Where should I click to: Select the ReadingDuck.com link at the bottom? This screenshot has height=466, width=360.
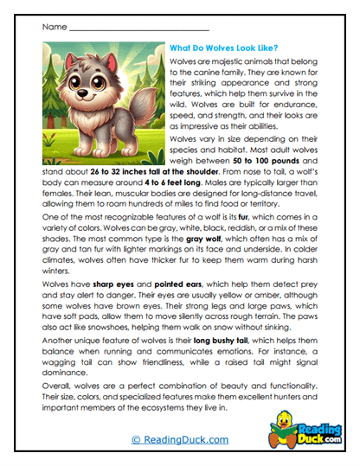(x=179, y=440)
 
